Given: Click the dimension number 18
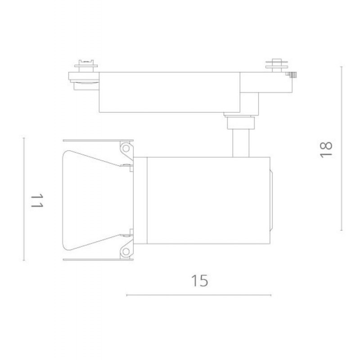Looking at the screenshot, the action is [326, 149].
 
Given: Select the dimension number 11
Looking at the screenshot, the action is [37, 200].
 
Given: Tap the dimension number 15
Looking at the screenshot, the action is [199, 280].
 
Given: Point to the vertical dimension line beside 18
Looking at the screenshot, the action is [342, 148].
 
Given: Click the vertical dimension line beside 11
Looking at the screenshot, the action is [24, 199].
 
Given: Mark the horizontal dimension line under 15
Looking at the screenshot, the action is [199, 295].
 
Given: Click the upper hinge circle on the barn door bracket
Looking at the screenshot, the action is [126, 148].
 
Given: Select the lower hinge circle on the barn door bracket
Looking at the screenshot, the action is [126, 252].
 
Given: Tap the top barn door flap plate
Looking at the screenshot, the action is [98, 140].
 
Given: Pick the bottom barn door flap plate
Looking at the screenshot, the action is [98, 260].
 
